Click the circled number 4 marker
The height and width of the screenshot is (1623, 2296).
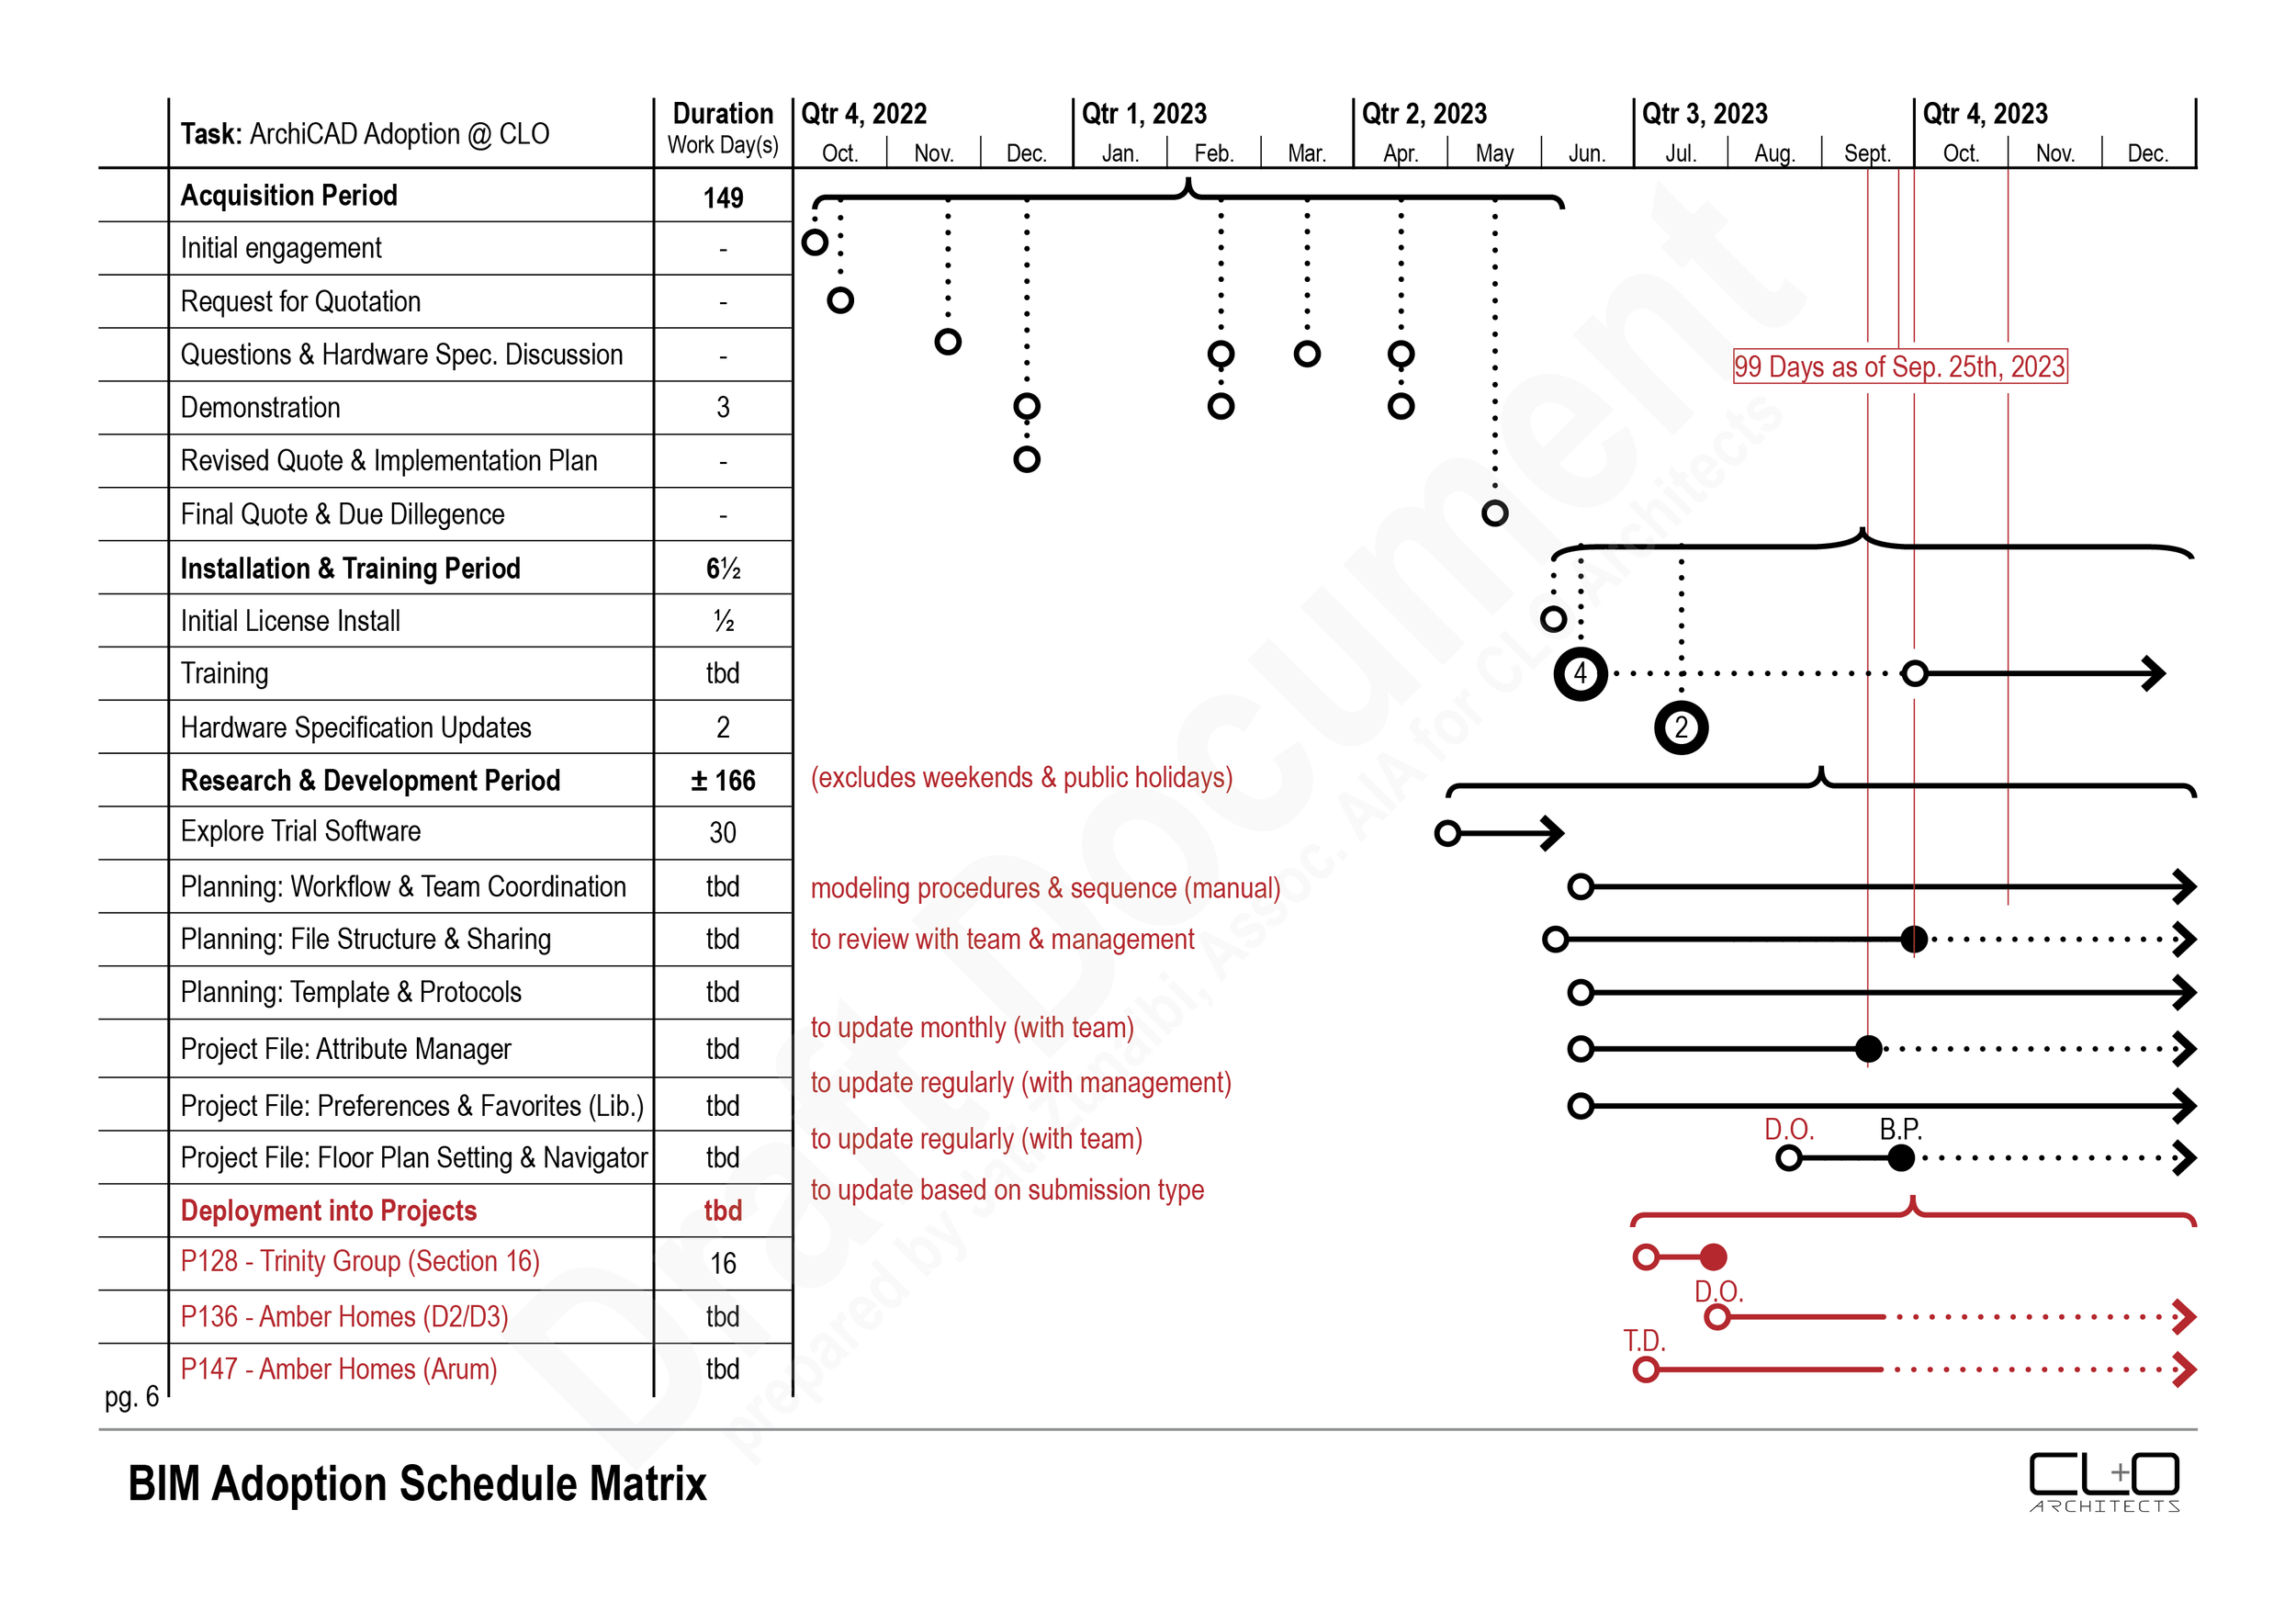click(x=1580, y=674)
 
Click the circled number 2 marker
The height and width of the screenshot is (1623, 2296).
click(x=1681, y=727)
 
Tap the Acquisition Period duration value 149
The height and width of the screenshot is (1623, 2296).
click(x=723, y=197)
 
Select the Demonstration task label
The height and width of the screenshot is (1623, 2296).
click(x=260, y=408)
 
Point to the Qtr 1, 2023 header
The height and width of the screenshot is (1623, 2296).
click(x=1144, y=114)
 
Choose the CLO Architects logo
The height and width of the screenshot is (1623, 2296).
click(x=2104, y=1481)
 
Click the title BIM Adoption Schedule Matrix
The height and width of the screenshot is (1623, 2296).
click(x=417, y=1483)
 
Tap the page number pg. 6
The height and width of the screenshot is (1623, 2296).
click(x=131, y=1396)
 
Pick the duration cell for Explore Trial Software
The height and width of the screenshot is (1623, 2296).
click(x=722, y=832)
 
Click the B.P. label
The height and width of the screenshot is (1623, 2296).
click(x=1900, y=1129)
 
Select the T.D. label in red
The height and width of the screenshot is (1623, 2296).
click(x=1644, y=1340)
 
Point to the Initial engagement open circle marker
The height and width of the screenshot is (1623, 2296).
click(x=815, y=242)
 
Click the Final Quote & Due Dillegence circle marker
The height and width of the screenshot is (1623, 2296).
click(x=1494, y=513)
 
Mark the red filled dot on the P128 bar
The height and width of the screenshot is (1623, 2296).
click(x=1713, y=1257)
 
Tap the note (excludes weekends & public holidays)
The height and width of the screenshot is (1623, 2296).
click(x=1021, y=778)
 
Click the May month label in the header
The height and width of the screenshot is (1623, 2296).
click(x=1494, y=153)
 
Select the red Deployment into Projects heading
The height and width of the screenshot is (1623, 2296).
click(x=328, y=1211)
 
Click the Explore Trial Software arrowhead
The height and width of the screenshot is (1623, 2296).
click(x=1553, y=832)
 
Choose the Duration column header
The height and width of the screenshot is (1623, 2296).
click(x=723, y=127)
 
